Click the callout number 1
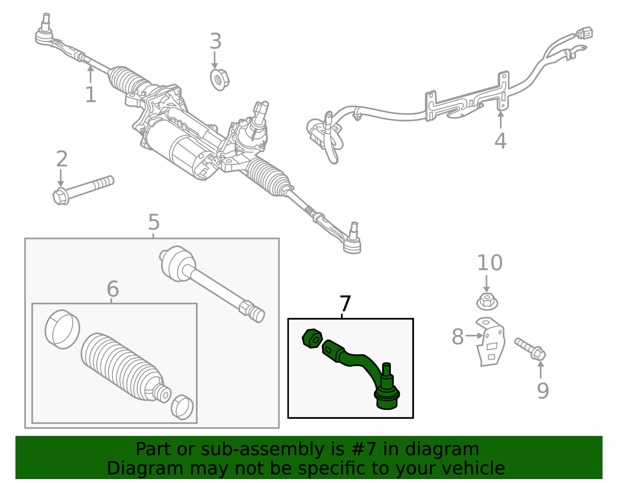coord(90,95)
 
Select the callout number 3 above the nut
coord(216,41)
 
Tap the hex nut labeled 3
coord(219,80)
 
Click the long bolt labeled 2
coord(83,189)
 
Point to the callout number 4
coord(500,141)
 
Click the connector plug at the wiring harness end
coord(584,33)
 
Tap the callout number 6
coord(112,289)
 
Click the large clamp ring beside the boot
coord(62,329)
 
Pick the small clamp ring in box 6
coord(182,407)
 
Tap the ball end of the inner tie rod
coord(177,263)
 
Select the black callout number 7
coord(345,304)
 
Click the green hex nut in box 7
coord(312,339)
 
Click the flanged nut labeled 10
coord(487,302)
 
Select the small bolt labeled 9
coord(530,348)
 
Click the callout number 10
coord(489,263)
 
